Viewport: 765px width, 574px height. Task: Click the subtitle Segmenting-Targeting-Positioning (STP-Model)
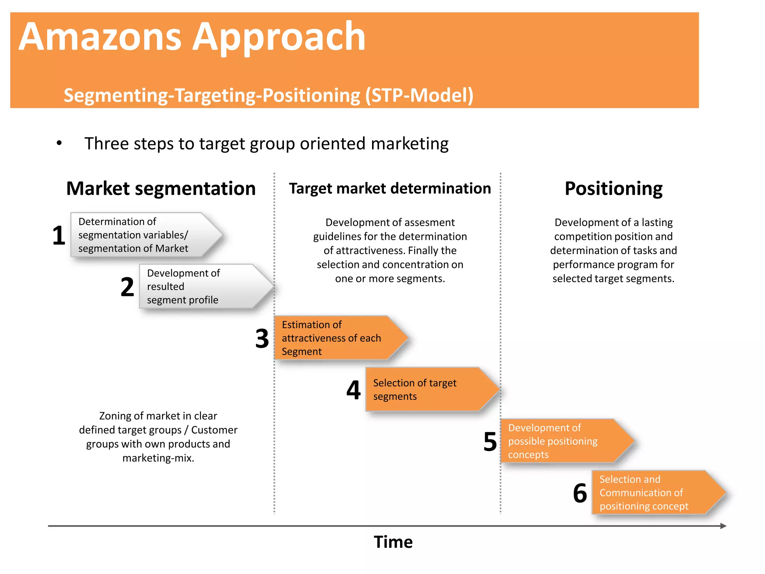268,95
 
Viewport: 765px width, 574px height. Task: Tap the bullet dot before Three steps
59,143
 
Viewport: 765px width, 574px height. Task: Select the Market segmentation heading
161,188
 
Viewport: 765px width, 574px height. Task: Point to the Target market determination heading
390,188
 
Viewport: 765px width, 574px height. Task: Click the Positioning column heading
613,188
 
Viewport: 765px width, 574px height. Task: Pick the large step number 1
59,236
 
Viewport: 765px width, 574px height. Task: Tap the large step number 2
127,287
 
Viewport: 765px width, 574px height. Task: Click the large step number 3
262,339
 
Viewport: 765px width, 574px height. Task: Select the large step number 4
353,390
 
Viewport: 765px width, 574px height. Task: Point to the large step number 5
490,442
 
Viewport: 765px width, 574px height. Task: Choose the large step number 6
580,493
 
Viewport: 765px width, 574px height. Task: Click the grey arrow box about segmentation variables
142,235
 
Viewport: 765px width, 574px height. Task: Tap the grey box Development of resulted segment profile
202,286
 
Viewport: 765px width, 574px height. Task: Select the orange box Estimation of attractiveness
336,338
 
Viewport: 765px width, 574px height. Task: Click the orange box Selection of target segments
426,389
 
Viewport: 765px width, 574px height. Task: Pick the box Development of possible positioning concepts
560,441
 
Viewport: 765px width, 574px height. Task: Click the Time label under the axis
393,542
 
